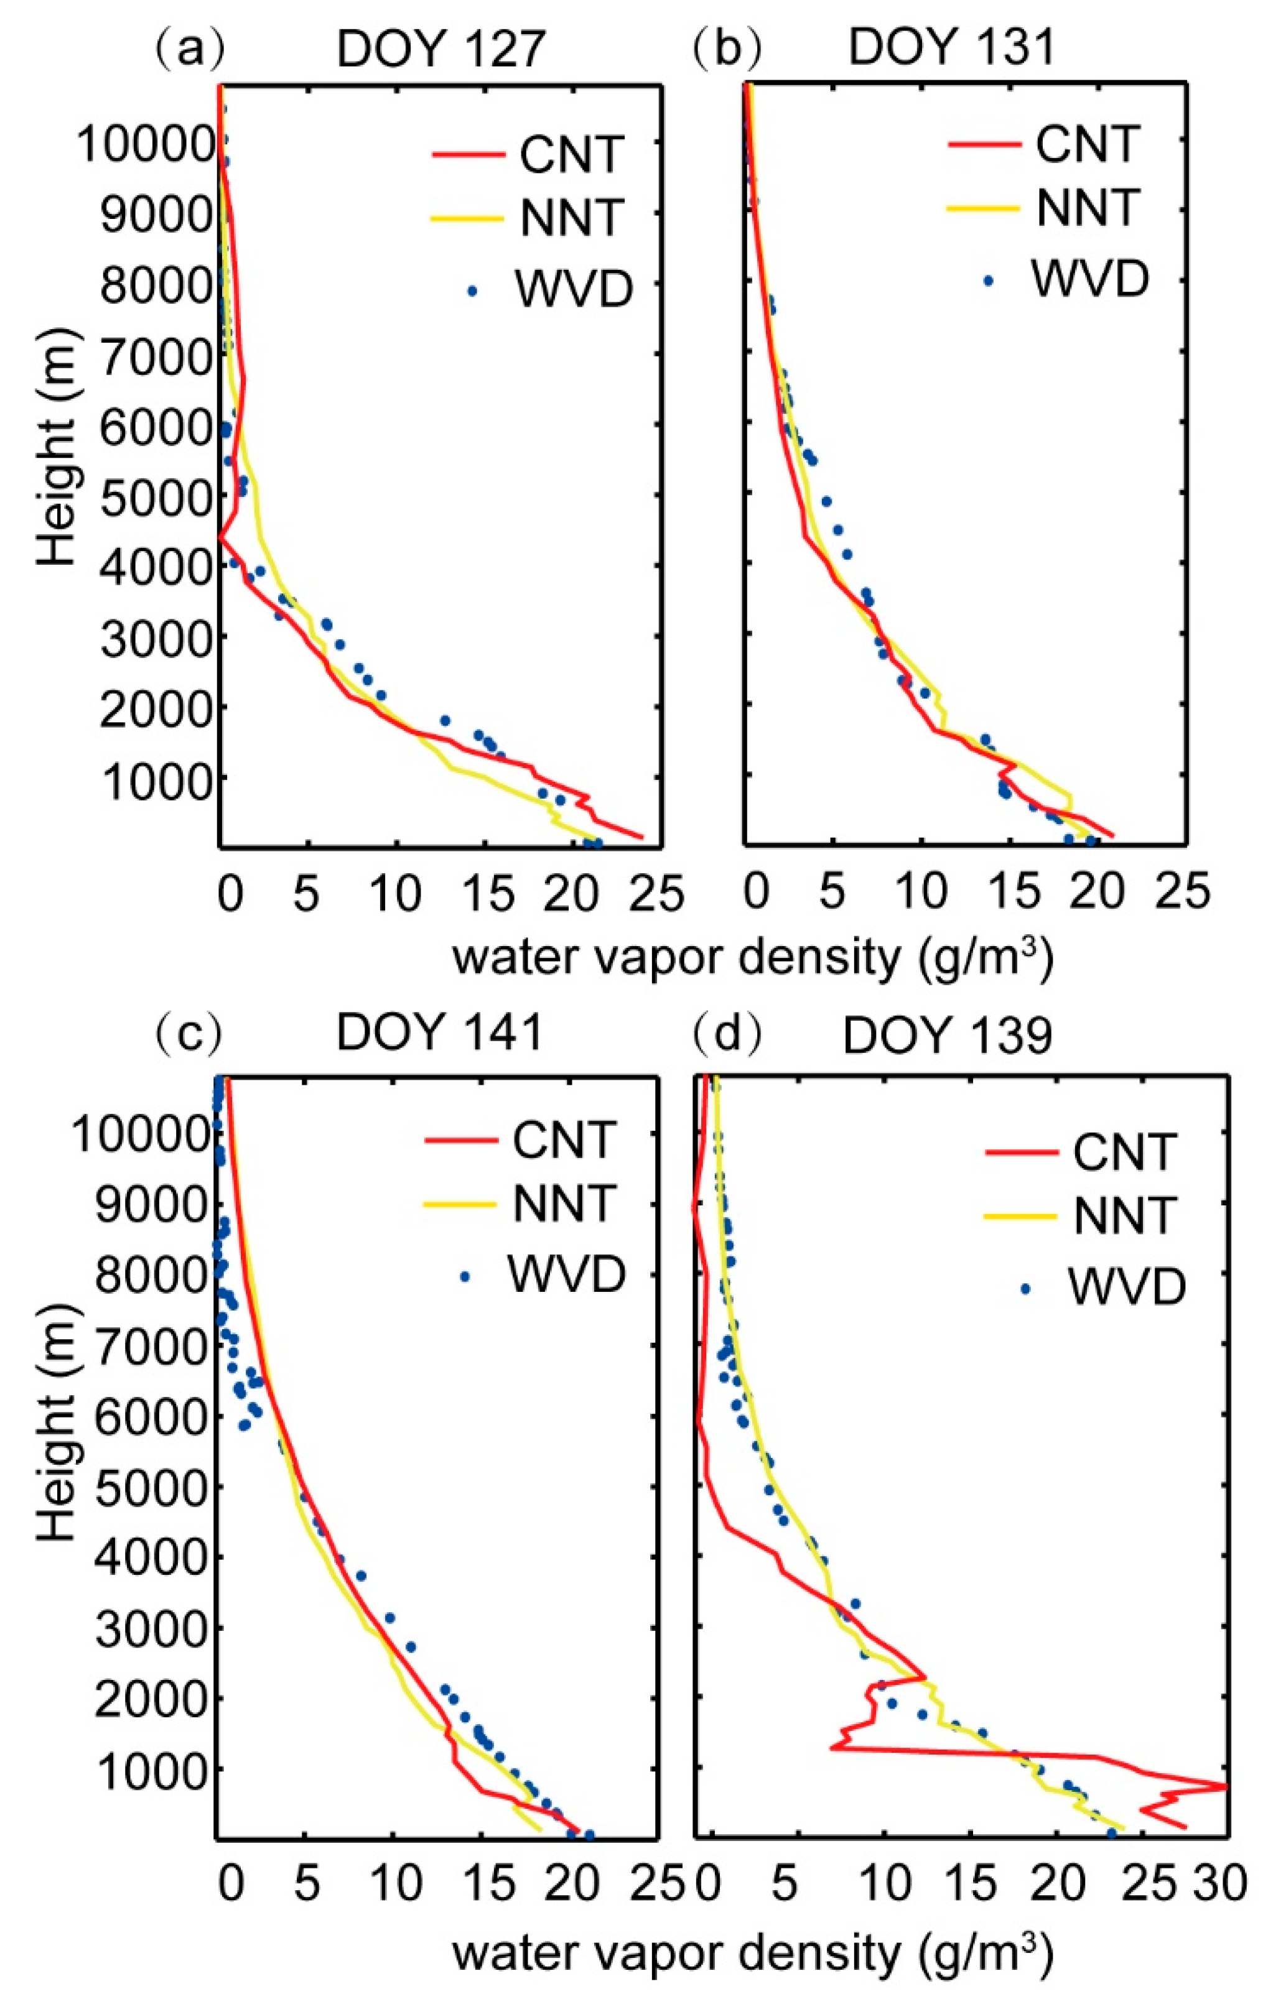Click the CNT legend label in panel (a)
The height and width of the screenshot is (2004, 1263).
click(x=571, y=154)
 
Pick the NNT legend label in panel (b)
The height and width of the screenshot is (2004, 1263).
click(x=1086, y=207)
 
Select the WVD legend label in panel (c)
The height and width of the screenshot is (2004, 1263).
click(x=566, y=1274)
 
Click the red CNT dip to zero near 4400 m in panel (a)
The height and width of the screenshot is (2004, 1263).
click(x=221, y=539)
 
